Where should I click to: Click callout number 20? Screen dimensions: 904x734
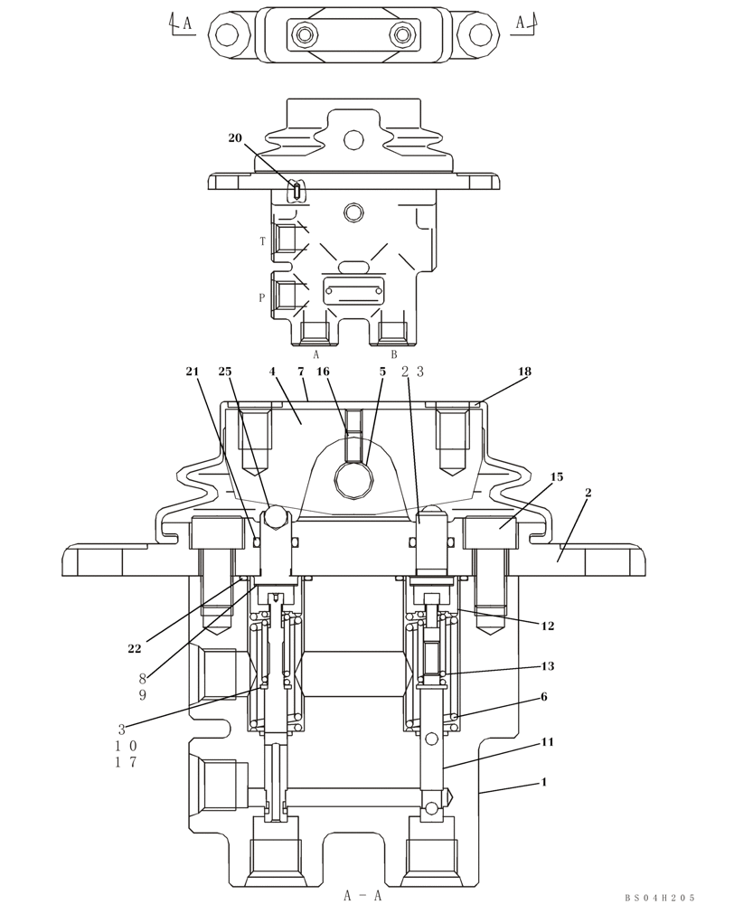[235, 138]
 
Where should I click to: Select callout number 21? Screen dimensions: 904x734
[192, 372]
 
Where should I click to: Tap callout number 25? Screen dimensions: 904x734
[225, 372]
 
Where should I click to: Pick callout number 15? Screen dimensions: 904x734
[557, 476]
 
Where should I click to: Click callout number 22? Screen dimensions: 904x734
[135, 648]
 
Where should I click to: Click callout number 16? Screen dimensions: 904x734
[323, 372]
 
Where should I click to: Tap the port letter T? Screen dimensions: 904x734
[263, 241]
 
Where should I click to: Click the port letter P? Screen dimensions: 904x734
[262, 297]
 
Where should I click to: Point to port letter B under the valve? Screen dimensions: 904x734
[393, 355]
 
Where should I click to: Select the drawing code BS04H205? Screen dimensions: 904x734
[659, 897]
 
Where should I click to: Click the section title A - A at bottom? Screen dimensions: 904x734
[364, 895]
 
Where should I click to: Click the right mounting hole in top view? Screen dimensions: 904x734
[478, 34]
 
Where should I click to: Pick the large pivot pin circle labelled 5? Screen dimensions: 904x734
[353, 477]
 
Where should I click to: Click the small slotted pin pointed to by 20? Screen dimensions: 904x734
[296, 190]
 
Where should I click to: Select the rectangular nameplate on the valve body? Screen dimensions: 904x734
[355, 291]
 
